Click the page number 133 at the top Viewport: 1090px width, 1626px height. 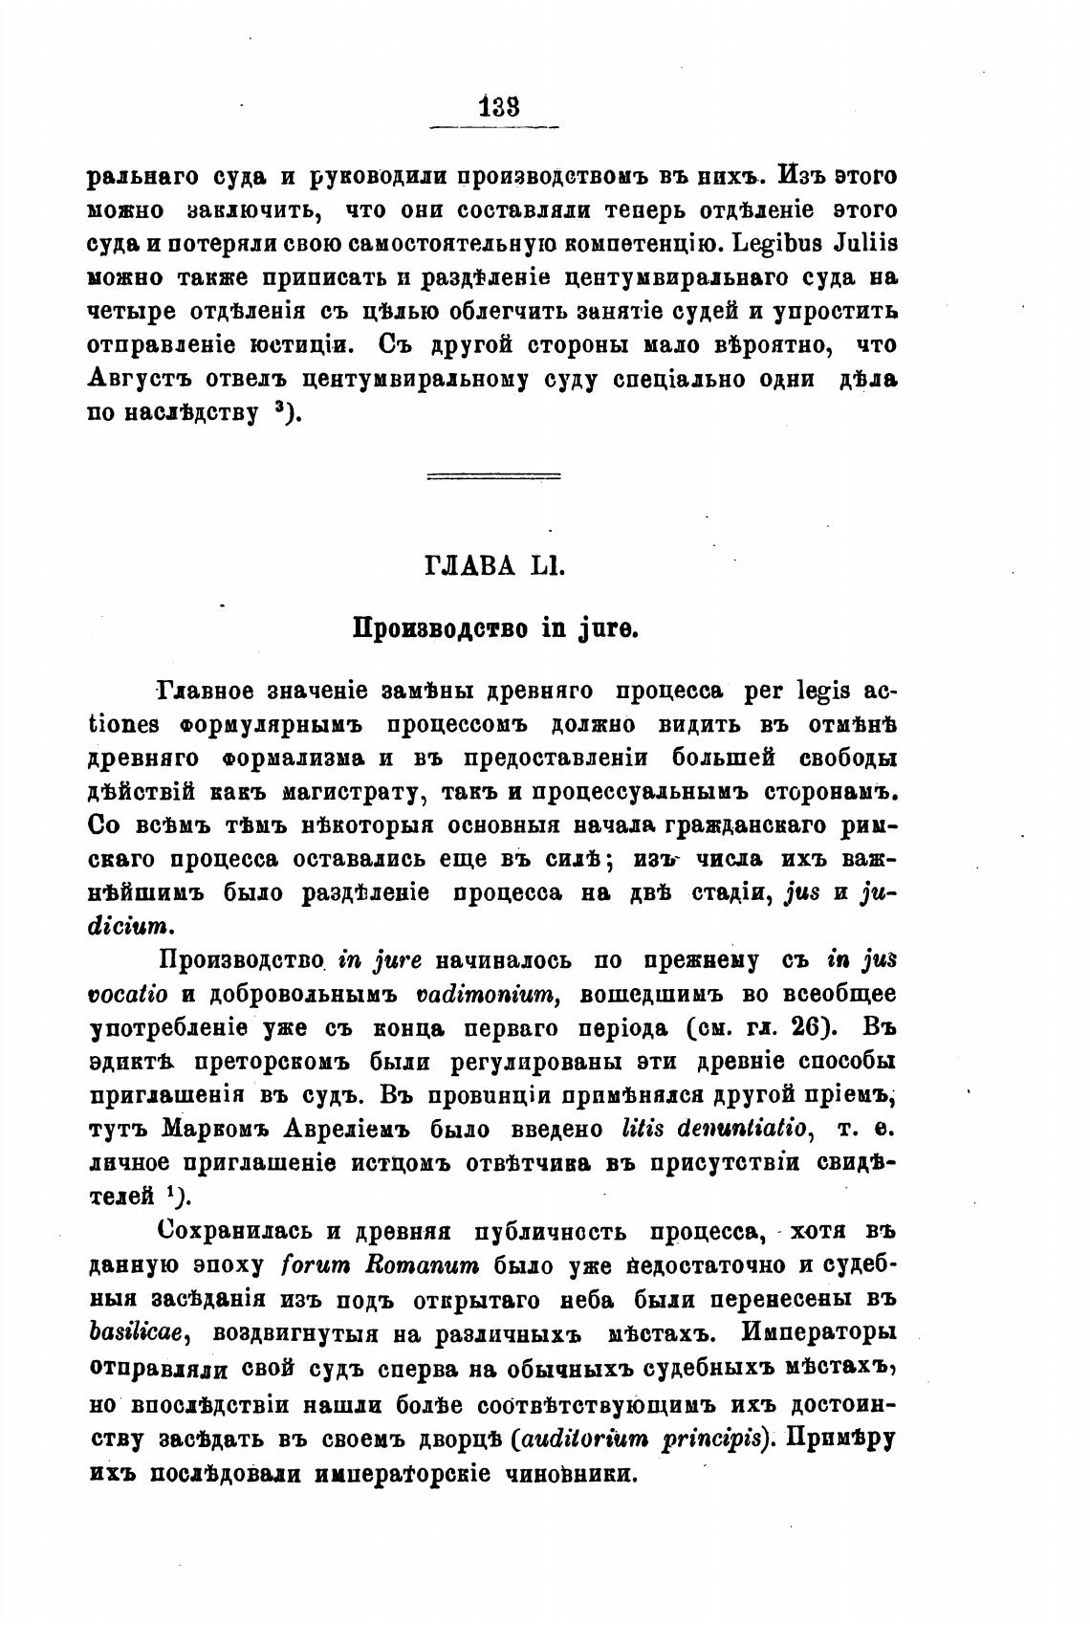point(496,107)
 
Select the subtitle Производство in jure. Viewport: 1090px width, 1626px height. point(494,629)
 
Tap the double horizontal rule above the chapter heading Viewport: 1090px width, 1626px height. point(493,475)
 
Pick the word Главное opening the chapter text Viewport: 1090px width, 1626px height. point(206,691)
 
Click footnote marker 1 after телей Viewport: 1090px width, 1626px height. point(169,1193)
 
